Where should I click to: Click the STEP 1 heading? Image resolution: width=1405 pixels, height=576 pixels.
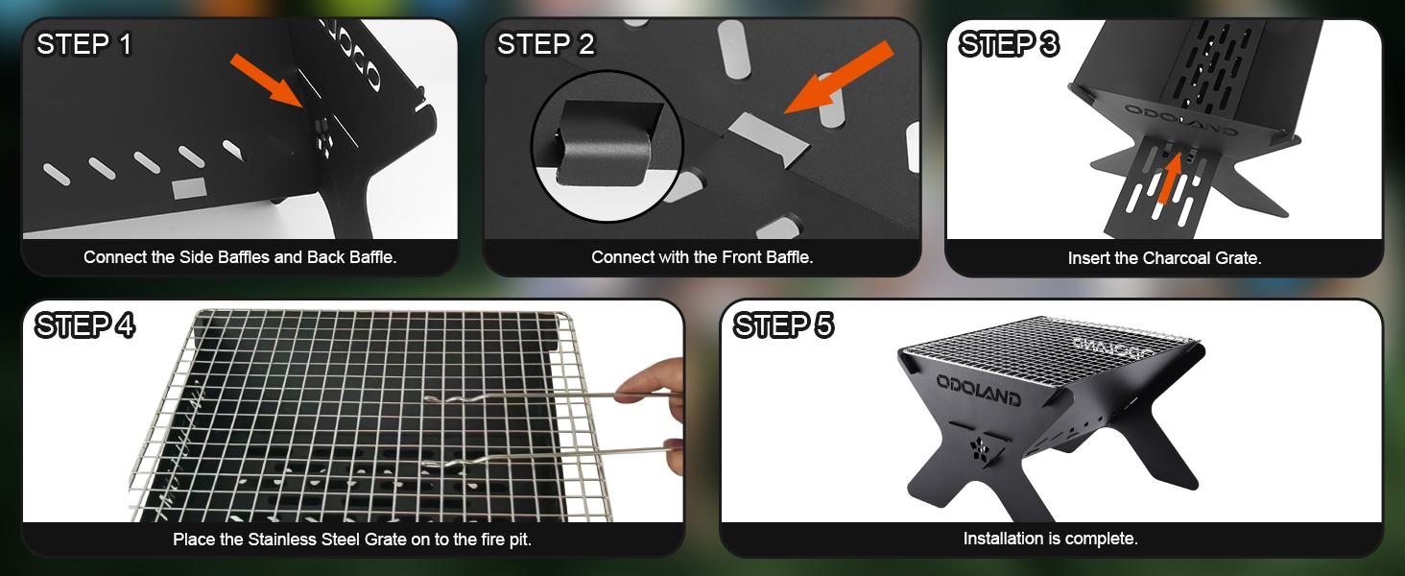(84, 44)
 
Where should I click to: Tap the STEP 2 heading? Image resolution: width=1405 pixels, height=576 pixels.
(545, 44)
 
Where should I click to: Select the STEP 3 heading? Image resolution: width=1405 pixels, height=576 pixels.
(1009, 44)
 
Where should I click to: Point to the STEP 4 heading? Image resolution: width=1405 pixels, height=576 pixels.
(84, 326)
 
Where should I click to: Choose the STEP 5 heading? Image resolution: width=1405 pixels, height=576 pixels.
(783, 326)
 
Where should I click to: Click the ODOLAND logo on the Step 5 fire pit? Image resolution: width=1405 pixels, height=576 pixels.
(978, 391)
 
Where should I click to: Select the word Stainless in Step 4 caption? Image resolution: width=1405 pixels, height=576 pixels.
(287, 540)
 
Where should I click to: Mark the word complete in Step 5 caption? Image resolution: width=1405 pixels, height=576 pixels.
(1105, 539)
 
